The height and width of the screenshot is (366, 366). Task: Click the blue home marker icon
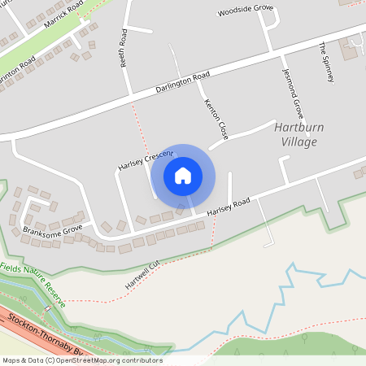pyautogui.click(x=183, y=176)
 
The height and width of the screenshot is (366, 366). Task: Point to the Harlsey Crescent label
pyautogui.click(x=145, y=160)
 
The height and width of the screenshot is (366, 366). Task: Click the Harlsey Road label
pyautogui.click(x=229, y=207)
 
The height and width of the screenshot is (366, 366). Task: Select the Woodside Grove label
pyautogui.click(x=245, y=11)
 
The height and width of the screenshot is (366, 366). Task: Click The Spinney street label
pyautogui.click(x=327, y=62)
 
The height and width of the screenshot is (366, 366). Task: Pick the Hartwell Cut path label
pyautogui.click(x=142, y=275)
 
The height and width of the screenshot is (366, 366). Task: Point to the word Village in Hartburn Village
pyautogui.click(x=296, y=142)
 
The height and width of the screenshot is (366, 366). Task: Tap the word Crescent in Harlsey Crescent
pyautogui.click(x=159, y=155)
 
